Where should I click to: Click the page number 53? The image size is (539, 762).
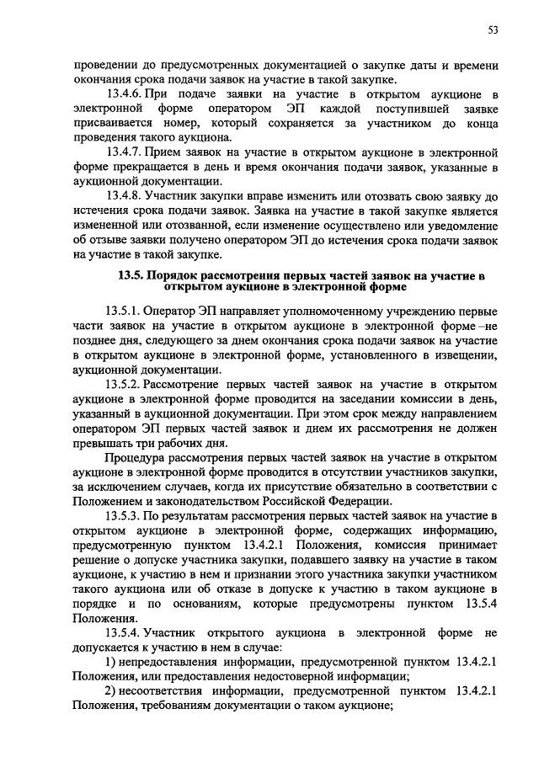pyautogui.click(x=493, y=31)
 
